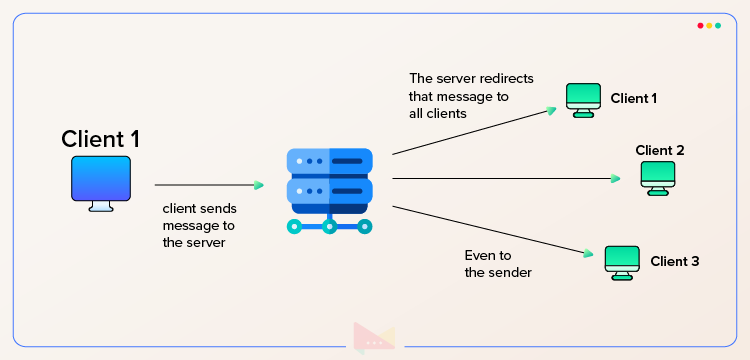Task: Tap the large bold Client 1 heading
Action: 100,139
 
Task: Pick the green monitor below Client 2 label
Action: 659,176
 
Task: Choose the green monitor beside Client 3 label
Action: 622,262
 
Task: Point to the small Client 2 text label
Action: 659,150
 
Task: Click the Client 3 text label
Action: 675,262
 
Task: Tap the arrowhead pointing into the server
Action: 259,185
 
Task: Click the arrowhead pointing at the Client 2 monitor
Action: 616,179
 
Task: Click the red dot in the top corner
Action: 700,25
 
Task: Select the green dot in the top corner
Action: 719,25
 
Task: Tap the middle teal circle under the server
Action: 329,226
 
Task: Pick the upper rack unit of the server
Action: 329,160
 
